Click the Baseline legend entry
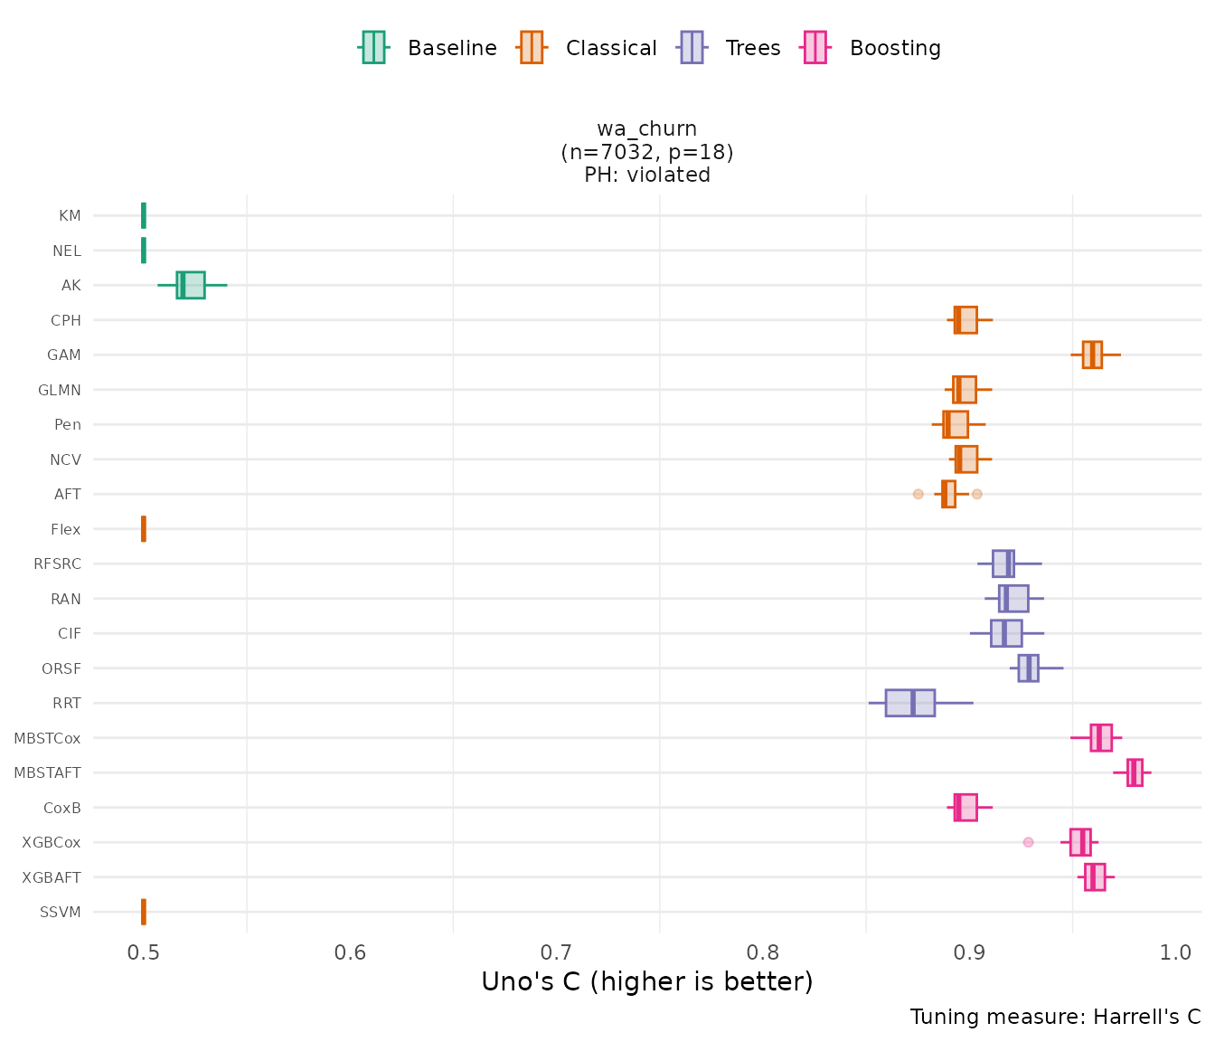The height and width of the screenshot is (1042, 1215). [x=428, y=48]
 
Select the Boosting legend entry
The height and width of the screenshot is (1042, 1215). [x=871, y=48]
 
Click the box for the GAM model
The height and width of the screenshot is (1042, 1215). [x=1092, y=355]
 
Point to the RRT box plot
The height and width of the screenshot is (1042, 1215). [x=909, y=703]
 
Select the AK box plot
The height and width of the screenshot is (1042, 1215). [x=191, y=285]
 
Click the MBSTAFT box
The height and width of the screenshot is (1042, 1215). [x=1135, y=772]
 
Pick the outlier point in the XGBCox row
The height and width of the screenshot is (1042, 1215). [x=1028, y=842]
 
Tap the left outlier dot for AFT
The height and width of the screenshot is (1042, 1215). [x=918, y=494]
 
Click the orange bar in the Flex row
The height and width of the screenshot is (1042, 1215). [x=144, y=529]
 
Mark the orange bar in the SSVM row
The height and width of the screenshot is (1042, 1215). [x=144, y=912]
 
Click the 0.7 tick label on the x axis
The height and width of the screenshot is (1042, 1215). [x=556, y=952]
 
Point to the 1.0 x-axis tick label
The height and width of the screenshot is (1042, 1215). [x=1176, y=952]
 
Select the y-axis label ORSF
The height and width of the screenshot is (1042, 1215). [x=61, y=668]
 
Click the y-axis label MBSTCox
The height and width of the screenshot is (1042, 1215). [x=47, y=738]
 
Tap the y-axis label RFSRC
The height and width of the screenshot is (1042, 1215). [x=57, y=564]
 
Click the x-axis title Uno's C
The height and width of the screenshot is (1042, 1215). [x=647, y=982]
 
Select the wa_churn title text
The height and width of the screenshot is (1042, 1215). [x=647, y=128]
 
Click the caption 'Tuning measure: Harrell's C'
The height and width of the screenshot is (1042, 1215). [x=1055, y=1017]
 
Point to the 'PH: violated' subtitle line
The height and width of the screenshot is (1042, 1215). [x=647, y=175]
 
